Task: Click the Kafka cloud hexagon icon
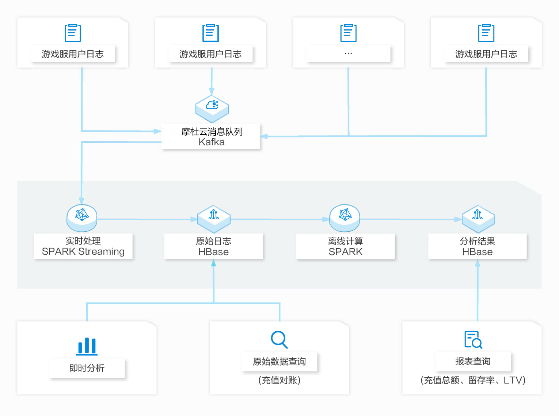pos(212,109)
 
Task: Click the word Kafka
pos(212,142)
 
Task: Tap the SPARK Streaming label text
pos(83,251)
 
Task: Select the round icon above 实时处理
pos(82,218)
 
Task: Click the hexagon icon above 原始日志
pos(214,219)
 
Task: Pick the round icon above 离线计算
pos(345,218)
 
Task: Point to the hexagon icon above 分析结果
pos(478,219)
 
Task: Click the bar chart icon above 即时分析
pos(87,346)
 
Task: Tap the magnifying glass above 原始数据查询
pos(279,340)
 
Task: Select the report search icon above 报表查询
pos(473,340)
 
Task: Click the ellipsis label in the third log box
pos(348,53)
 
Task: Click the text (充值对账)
pos(279,380)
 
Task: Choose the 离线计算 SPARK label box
pos(345,246)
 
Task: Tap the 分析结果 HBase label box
pos(478,246)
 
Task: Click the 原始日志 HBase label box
pos(213,246)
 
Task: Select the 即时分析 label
pos(87,368)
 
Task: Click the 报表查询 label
pos(473,361)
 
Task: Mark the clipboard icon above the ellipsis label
pos(348,33)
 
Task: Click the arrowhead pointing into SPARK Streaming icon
pos(81,201)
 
